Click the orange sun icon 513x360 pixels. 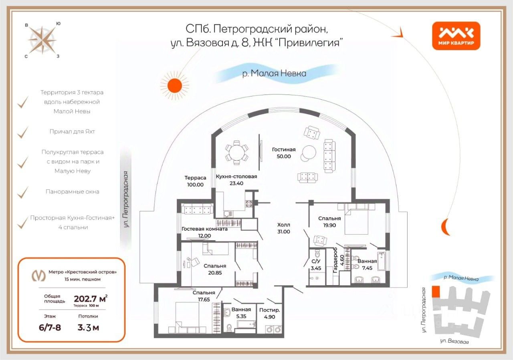pos(174,86)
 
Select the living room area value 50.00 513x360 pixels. pos(284,156)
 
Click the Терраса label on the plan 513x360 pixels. pos(195,177)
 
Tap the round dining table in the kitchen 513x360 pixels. pos(237,153)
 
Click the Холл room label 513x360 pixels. pos(283,225)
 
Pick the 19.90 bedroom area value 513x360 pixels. pos(329,225)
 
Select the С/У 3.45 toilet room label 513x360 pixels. pos(316,265)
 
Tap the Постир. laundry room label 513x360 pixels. pos(270,310)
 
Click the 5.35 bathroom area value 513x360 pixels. pos(241,316)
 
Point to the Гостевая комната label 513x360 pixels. pos(204,229)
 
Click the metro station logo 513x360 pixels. pos(38,276)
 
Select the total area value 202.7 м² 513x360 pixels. pos(91,299)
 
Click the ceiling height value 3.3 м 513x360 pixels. pos(88,328)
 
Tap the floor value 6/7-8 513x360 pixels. pos(50,328)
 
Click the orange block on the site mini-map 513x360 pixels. pos(436,292)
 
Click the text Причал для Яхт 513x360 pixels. pos(72,132)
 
